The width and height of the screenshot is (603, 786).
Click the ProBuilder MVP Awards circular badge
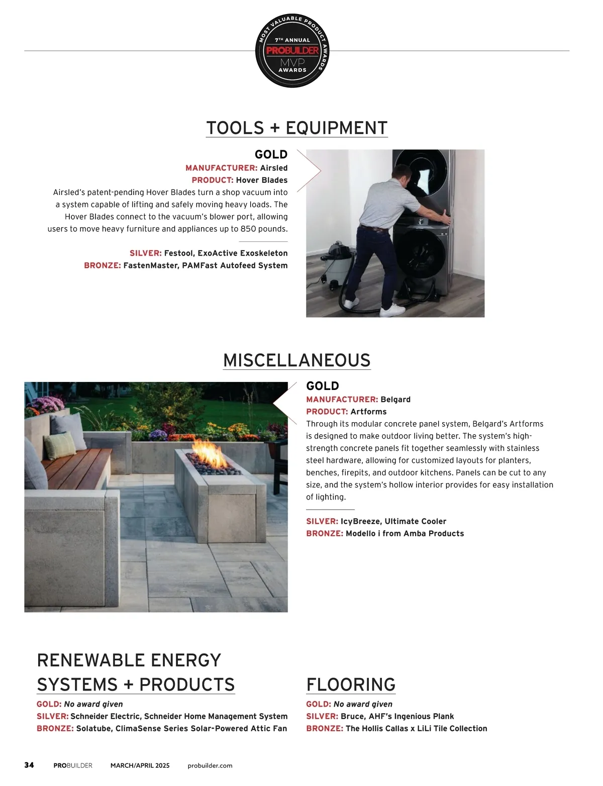pos(292,51)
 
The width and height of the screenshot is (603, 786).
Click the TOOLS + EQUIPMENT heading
pos(297,128)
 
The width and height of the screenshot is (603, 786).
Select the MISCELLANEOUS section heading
pos(297,360)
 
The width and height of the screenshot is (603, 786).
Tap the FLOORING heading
pos(351,684)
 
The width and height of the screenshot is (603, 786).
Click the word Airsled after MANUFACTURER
pos(274,168)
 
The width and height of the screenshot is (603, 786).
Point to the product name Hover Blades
pos(262,180)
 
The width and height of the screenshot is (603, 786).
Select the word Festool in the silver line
pos(178,253)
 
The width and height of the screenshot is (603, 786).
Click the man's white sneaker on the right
pos(392,311)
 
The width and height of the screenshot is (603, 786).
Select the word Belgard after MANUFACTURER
pos(395,400)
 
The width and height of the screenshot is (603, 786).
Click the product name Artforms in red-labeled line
pos(368,412)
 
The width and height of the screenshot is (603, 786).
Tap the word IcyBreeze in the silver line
pos(360,522)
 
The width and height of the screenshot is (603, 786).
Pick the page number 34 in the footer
pos(29,765)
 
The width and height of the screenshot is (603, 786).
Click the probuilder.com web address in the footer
pos(210,766)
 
